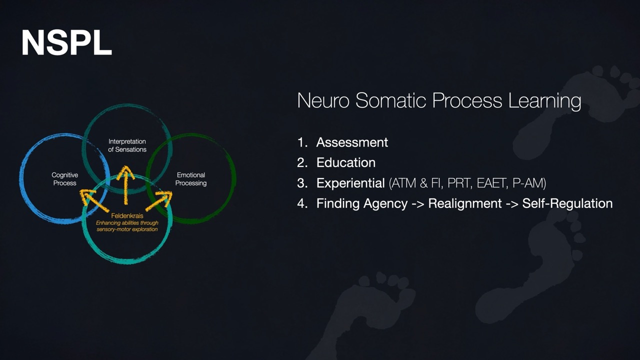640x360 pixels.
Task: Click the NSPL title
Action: [66, 43]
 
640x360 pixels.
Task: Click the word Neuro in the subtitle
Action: [323, 100]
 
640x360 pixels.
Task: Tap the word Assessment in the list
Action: [352, 142]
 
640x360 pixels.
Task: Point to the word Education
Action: [345, 162]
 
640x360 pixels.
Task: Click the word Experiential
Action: [350, 183]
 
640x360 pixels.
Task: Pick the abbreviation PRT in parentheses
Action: [459, 183]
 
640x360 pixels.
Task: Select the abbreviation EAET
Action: [492, 183]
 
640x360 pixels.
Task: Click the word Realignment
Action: [465, 203]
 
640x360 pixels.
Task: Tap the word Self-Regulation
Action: [567, 203]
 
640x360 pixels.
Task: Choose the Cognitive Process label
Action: [65, 179]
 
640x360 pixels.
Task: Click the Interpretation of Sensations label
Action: [127, 145]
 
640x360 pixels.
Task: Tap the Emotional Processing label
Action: [191, 179]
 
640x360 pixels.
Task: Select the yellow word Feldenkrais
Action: [127, 215]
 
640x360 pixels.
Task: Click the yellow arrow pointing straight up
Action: [125, 185]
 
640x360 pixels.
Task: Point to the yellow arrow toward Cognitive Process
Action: [94, 201]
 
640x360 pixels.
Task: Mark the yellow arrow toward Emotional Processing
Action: [159, 201]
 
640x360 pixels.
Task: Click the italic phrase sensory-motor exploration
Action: [127, 229]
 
